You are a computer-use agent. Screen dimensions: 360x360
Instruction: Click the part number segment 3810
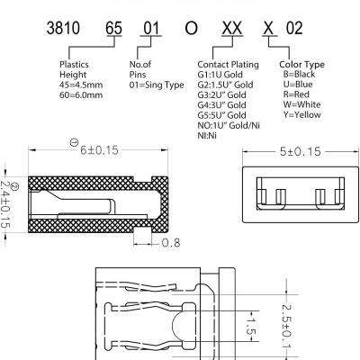coord(76,27)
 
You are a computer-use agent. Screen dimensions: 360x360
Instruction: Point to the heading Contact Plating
coord(228,65)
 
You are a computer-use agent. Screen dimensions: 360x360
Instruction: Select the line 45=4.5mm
coord(82,85)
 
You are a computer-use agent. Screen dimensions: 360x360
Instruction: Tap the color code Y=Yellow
coord(301,115)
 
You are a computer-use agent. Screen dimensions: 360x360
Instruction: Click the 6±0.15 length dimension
coord(100,150)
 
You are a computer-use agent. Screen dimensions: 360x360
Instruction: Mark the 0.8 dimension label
coord(169,243)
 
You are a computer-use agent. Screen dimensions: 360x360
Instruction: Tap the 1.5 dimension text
coord(252,326)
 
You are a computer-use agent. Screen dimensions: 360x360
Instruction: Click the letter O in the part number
coord(190,27)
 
